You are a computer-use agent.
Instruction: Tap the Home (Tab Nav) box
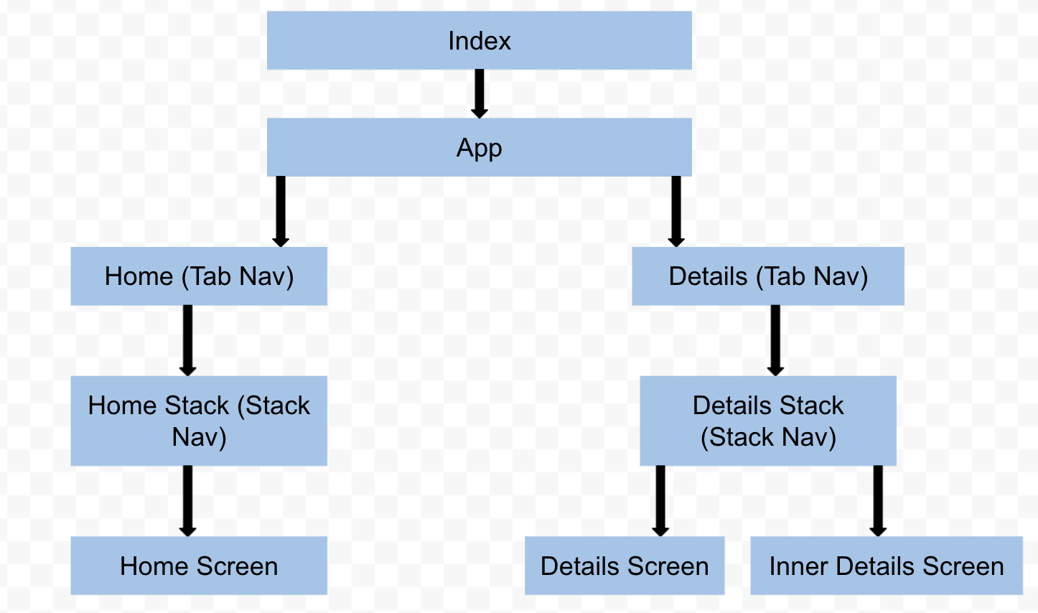pyautogui.click(x=199, y=276)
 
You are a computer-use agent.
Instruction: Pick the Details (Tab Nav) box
pyautogui.click(x=767, y=276)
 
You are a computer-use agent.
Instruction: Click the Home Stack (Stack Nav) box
pyautogui.click(x=199, y=421)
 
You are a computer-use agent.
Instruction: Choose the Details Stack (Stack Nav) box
pyautogui.click(x=767, y=421)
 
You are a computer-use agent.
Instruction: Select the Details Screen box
pyautogui.click(x=624, y=566)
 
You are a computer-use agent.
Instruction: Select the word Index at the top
pyautogui.click(x=479, y=41)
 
